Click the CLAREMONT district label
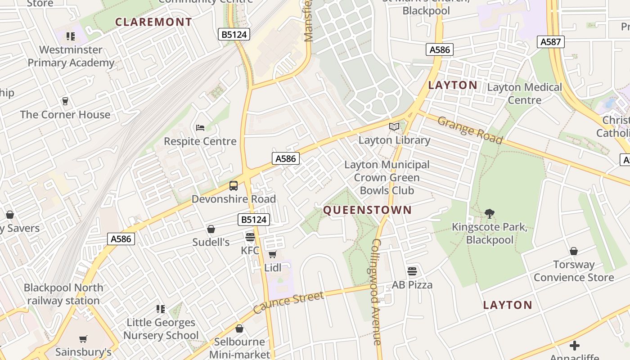coord(153,22)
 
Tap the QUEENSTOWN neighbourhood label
coord(367,210)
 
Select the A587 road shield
coord(550,42)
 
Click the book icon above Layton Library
coord(394,127)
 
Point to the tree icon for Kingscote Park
coord(490,214)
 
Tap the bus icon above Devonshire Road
coord(234,185)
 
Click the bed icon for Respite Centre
coord(200,128)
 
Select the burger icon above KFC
coord(250,237)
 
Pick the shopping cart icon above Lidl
coord(272,255)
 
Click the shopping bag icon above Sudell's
coord(211,229)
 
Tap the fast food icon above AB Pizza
coord(412,271)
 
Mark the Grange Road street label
coord(469,130)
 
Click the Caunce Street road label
coord(288,302)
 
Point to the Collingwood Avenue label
coord(377,292)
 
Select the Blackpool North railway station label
coord(63,294)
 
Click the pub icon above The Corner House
coord(65,101)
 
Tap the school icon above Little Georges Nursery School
coord(161,309)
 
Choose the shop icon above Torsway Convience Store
coord(574,251)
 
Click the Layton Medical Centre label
coord(525,94)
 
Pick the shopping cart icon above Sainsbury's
coord(83,339)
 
